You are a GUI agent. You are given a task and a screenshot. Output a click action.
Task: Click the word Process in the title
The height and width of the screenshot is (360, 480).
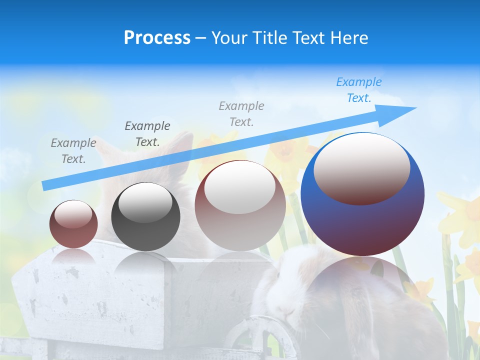[157, 38]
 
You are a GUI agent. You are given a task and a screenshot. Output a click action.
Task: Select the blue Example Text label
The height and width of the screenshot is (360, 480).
[358, 90]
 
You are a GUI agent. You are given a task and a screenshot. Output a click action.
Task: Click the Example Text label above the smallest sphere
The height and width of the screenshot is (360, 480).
[73, 151]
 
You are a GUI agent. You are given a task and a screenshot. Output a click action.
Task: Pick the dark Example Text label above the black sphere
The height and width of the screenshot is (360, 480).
[147, 134]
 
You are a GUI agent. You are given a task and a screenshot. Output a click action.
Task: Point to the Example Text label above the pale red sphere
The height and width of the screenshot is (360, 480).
[241, 114]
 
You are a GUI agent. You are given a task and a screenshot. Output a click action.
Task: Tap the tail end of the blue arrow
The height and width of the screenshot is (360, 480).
[46, 185]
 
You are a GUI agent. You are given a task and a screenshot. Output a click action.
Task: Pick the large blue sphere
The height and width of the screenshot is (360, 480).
[362, 220]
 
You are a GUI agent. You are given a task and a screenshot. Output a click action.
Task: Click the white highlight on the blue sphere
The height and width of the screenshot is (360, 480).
[362, 167]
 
